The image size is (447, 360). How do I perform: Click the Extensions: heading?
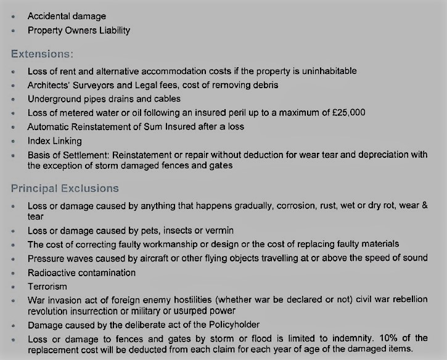[41, 54]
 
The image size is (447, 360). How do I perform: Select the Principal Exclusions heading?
[65, 188]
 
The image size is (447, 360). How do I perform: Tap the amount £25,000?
[349, 112]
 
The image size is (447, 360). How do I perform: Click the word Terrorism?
[47, 286]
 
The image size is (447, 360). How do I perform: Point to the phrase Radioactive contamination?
[81, 272]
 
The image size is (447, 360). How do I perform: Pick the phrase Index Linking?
[54, 141]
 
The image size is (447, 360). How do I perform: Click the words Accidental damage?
[67, 16]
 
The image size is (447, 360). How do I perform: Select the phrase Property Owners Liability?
[78, 30]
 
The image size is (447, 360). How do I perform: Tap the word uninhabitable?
[326, 71]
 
